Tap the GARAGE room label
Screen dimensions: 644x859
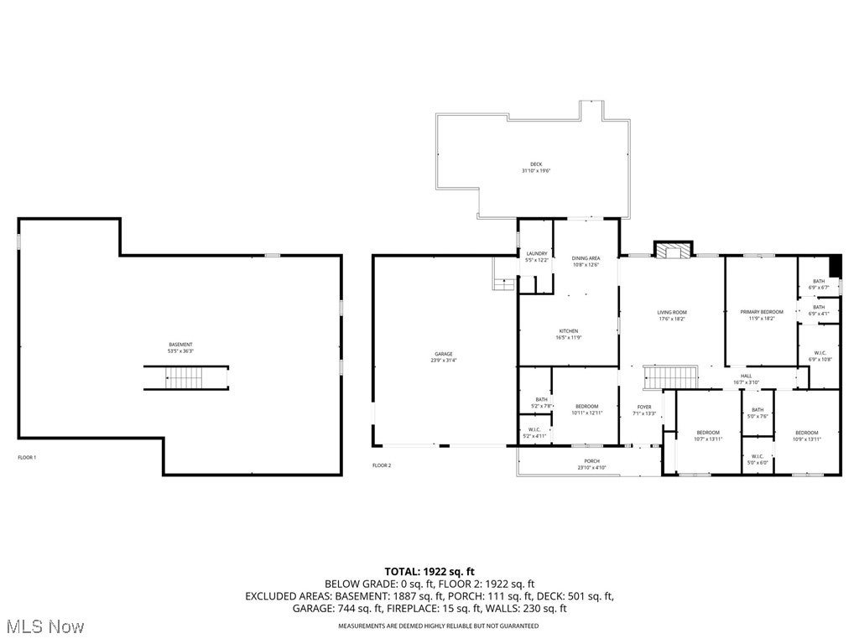click(444, 354)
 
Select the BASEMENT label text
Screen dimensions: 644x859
click(180, 345)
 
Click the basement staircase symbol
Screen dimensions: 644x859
click(185, 379)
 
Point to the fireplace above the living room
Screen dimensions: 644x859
click(674, 250)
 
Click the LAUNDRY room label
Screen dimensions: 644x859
click(537, 253)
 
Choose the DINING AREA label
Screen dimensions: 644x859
click(586, 258)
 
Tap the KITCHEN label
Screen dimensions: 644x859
click(569, 331)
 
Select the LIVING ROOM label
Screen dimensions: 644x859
click(672, 312)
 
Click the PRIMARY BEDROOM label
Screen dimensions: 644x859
click(761, 312)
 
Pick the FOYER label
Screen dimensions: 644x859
click(643, 406)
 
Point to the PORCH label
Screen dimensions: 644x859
click(592, 461)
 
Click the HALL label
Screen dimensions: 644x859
click(746, 376)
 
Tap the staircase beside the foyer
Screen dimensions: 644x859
click(670, 377)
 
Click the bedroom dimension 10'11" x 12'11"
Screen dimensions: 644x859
click(586, 413)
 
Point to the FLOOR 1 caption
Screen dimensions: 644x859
click(27, 457)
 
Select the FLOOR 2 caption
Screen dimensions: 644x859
click(382, 465)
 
